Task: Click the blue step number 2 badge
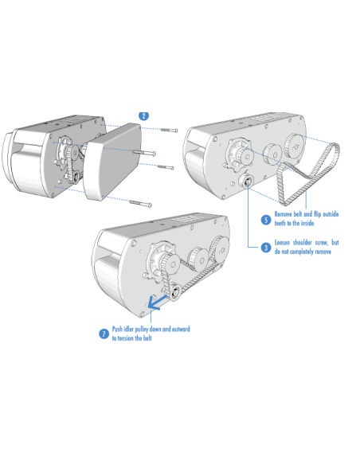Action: tap(144, 116)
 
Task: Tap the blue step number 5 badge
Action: tap(266, 220)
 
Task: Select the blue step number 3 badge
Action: tap(266, 248)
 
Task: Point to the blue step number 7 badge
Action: tap(104, 334)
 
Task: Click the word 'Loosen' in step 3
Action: tap(282, 243)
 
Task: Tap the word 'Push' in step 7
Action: tap(117, 329)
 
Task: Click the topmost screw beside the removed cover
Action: tap(169, 130)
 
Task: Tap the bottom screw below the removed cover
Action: tap(140, 204)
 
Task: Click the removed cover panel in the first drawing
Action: tap(112, 162)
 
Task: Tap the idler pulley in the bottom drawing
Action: tap(174, 293)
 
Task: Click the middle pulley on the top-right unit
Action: tap(273, 154)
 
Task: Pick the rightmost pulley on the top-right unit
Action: tap(294, 145)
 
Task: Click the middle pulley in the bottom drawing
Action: tap(198, 259)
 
